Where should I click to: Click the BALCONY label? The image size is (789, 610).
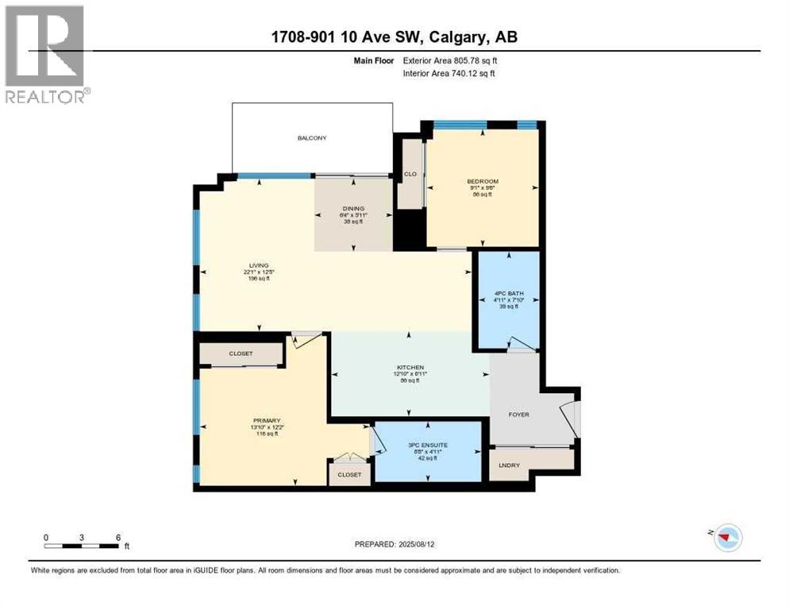(312, 138)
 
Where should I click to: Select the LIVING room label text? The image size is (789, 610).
(259, 265)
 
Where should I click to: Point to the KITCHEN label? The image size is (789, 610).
(410, 367)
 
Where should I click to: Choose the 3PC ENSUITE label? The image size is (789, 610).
(427, 445)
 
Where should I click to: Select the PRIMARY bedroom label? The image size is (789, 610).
(267, 420)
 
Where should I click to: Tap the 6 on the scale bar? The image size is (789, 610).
(117, 538)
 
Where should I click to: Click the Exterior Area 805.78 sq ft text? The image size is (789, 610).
(449, 60)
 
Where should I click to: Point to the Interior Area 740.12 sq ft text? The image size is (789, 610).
(449, 73)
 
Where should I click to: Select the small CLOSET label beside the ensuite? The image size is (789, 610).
(348, 474)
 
